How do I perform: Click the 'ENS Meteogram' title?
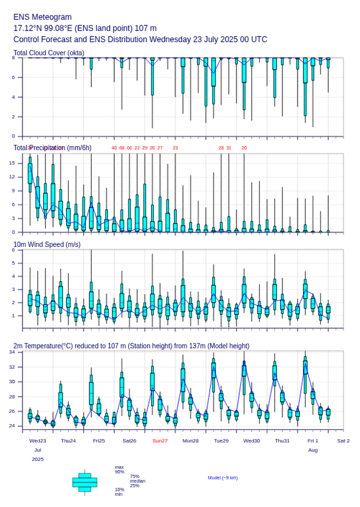pyautogui.click(x=42, y=17)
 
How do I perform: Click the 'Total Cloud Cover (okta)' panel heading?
pyautogui.click(x=49, y=53)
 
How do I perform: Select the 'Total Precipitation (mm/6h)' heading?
pyautogui.click(x=52, y=148)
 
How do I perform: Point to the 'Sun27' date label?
pyautogui.click(x=160, y=441)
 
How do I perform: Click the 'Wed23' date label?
pyautogui.click(x=38, y=441)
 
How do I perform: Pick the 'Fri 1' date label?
pyautogui.click(x=313, y=441)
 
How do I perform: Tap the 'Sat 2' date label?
pyautogui.click(x=343, y=441)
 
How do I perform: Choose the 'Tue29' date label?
pyautogui.click(x=221, y=441)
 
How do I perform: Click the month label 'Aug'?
pyautogui.click(x=313, y=450)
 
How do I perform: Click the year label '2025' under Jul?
pyautogui.click(x=38, y=459)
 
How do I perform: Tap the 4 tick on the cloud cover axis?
pyautogui.click(x=13, y=97)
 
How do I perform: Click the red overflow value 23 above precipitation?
pyautogui.click(x=175, y=148)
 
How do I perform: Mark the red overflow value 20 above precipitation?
pyautogui.click(x=244, y=148)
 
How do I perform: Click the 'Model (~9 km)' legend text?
pyautogui.click(x=223, y=478)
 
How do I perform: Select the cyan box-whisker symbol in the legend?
pyautogui.click(x=85, y=482)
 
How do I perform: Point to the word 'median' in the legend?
pyautogui.click(x=138, y=481)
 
